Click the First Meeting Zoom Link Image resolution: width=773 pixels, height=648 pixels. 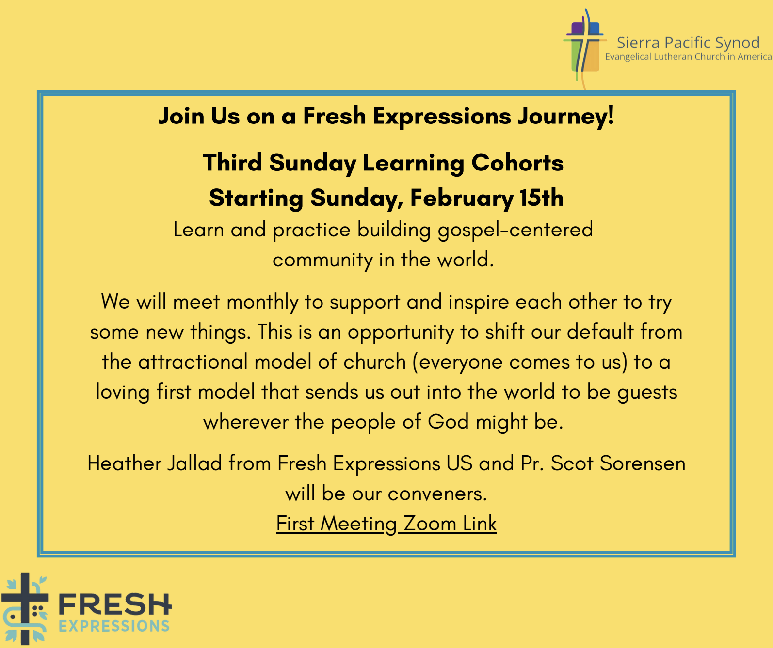point(386,524)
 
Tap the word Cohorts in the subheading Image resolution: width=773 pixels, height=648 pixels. point(517,163)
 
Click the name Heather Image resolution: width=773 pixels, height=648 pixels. point(124,463)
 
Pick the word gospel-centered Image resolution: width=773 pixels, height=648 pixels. point(515,230)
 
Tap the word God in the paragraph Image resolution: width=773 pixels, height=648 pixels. point(448,422)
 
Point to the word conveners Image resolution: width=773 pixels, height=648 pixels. point(437,494)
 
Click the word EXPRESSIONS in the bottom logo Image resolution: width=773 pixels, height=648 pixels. point(114,626)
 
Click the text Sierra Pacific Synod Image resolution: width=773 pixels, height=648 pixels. point(688,43)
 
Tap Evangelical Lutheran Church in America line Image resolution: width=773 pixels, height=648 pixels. point(688,57)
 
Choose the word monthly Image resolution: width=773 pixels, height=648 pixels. point(262,302)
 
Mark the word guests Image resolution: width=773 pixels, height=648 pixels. point(647,392)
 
